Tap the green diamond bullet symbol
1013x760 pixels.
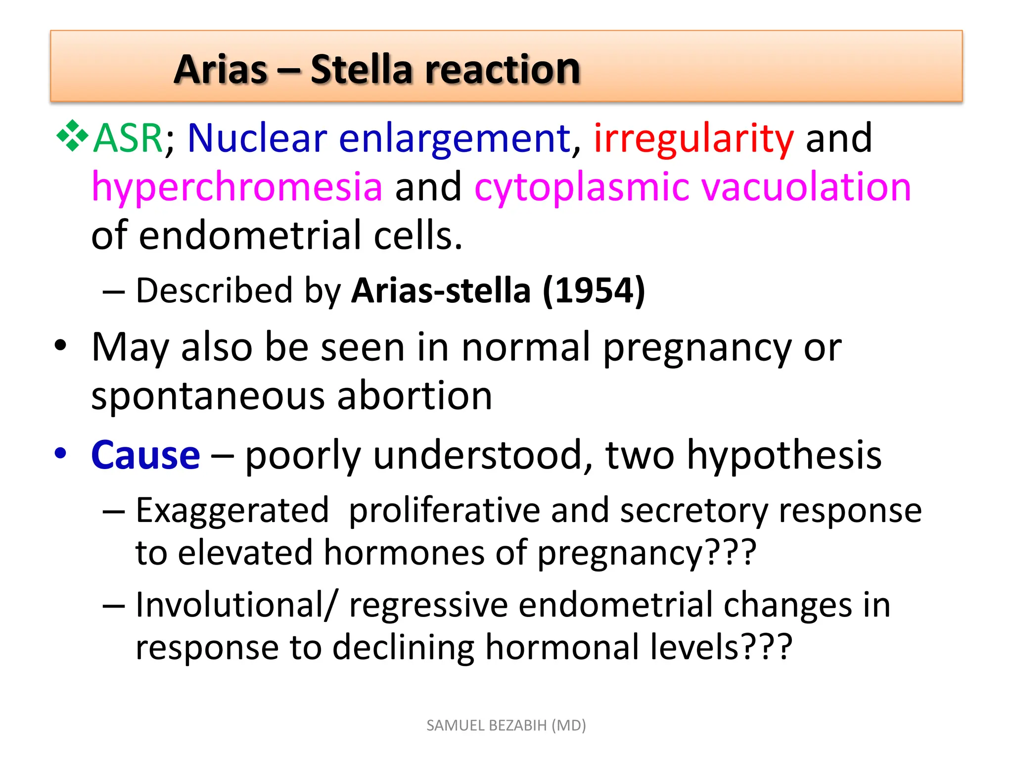click(72, 135)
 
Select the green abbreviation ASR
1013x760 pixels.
click(128, 138)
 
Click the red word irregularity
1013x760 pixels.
click(693, 139)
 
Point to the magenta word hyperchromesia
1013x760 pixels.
click(237, 188)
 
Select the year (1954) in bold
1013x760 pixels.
click(594, 290)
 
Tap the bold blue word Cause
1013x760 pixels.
click(145, 455)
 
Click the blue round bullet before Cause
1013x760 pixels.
click(60, 453)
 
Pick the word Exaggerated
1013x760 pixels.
click(232, 511)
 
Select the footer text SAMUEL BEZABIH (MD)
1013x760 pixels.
click(506, 725)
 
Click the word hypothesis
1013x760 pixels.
click(784, 455)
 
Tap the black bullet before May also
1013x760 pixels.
click(60, 345)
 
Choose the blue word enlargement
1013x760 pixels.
click(455, 139)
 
